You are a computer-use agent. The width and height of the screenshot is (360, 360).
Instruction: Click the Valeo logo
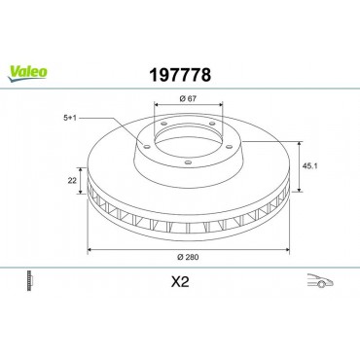coord(27,73)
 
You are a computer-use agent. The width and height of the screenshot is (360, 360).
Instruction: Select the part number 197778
coord(180,75)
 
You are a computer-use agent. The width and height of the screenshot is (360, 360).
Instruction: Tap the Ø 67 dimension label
coord(188,98)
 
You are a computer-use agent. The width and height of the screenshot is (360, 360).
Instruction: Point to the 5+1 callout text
coord(70,119)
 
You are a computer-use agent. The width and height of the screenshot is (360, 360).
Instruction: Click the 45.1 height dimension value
coord(309,166)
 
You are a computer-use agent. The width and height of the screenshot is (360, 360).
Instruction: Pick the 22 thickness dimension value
coord(72,181)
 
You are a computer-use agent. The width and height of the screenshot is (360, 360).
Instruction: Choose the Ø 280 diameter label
coord(188,257)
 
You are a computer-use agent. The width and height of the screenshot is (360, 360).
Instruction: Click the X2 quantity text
coord(180,282)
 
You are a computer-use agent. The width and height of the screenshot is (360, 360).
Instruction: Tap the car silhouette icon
coord(320,281)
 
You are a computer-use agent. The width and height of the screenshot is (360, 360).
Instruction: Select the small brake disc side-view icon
coord(30,280)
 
